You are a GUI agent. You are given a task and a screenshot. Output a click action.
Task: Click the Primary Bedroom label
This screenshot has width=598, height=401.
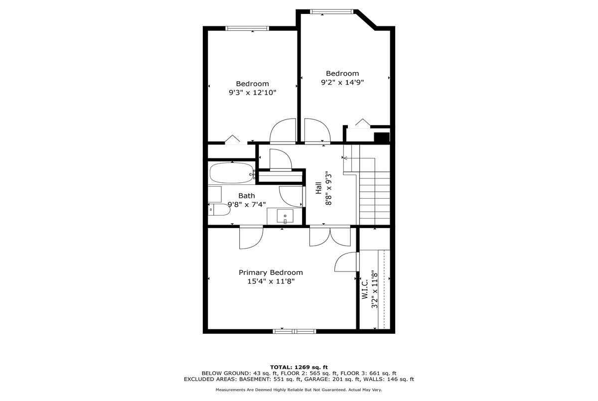coord(271,272)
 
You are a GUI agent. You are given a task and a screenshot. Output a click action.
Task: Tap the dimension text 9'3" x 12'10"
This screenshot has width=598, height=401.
coord(252,93)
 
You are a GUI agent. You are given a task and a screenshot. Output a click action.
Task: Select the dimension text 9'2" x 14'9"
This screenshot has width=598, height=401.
coord(342,82)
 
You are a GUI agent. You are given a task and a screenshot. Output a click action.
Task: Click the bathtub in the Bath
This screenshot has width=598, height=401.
coord(232,173)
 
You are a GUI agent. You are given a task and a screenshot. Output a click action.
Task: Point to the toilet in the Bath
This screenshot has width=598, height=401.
coord(219,210)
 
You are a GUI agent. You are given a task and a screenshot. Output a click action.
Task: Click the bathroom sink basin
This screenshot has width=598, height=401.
coord(285,216)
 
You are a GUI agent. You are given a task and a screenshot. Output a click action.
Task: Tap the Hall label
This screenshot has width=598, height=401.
coord(318,188)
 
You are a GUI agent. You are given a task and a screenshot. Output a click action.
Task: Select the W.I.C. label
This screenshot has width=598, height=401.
coord(365,289)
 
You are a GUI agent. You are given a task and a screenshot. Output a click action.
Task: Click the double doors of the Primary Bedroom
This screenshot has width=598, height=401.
coord(330,236)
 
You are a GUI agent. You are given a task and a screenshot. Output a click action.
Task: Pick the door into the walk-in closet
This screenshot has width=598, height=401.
coord(346,262)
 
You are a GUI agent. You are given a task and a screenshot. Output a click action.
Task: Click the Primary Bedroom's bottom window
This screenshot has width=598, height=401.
coord(295,331)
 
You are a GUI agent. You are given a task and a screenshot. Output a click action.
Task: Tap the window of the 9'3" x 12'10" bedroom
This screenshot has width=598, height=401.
coord(247,28)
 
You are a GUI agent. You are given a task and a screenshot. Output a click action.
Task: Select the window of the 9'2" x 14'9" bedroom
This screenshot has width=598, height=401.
coord(331,11)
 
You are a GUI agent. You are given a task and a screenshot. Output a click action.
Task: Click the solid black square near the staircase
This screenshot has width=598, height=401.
coord(382,137)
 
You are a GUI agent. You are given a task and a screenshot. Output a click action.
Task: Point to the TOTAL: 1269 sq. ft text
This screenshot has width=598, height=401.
coord(299,368)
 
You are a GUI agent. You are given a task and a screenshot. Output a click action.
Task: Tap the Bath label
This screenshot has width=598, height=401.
coord(246,196)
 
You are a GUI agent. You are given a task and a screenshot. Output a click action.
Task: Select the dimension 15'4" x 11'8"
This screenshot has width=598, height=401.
coord(271,281)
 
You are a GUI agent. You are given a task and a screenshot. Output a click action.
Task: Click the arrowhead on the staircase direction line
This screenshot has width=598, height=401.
coord(345,158)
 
